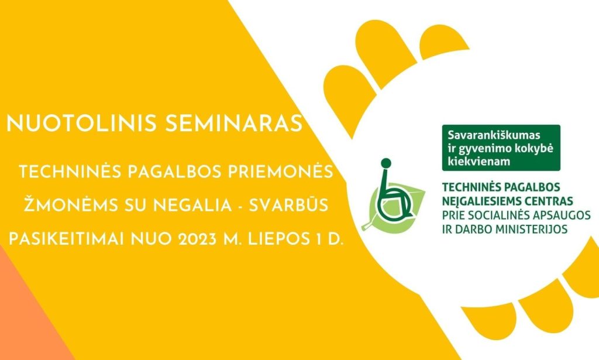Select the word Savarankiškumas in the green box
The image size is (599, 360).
494,135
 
